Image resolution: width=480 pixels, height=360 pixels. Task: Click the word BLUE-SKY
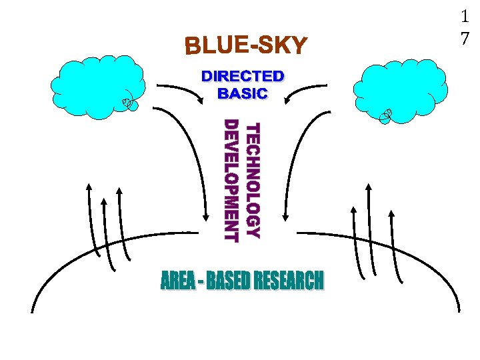tap(246, 46)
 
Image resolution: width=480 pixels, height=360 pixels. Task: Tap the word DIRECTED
tap(243, 77)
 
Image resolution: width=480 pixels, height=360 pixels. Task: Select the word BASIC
tap(243, 93)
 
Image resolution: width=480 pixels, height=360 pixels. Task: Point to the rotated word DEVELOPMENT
tap(231, 180)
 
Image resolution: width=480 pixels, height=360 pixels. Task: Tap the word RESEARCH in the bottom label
tap(288, 281)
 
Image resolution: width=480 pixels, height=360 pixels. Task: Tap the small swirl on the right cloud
tap(386, 116)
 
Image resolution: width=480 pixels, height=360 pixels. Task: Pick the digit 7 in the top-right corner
tap(465, 39)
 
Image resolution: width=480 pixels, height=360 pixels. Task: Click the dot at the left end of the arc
tap(31, 311)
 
